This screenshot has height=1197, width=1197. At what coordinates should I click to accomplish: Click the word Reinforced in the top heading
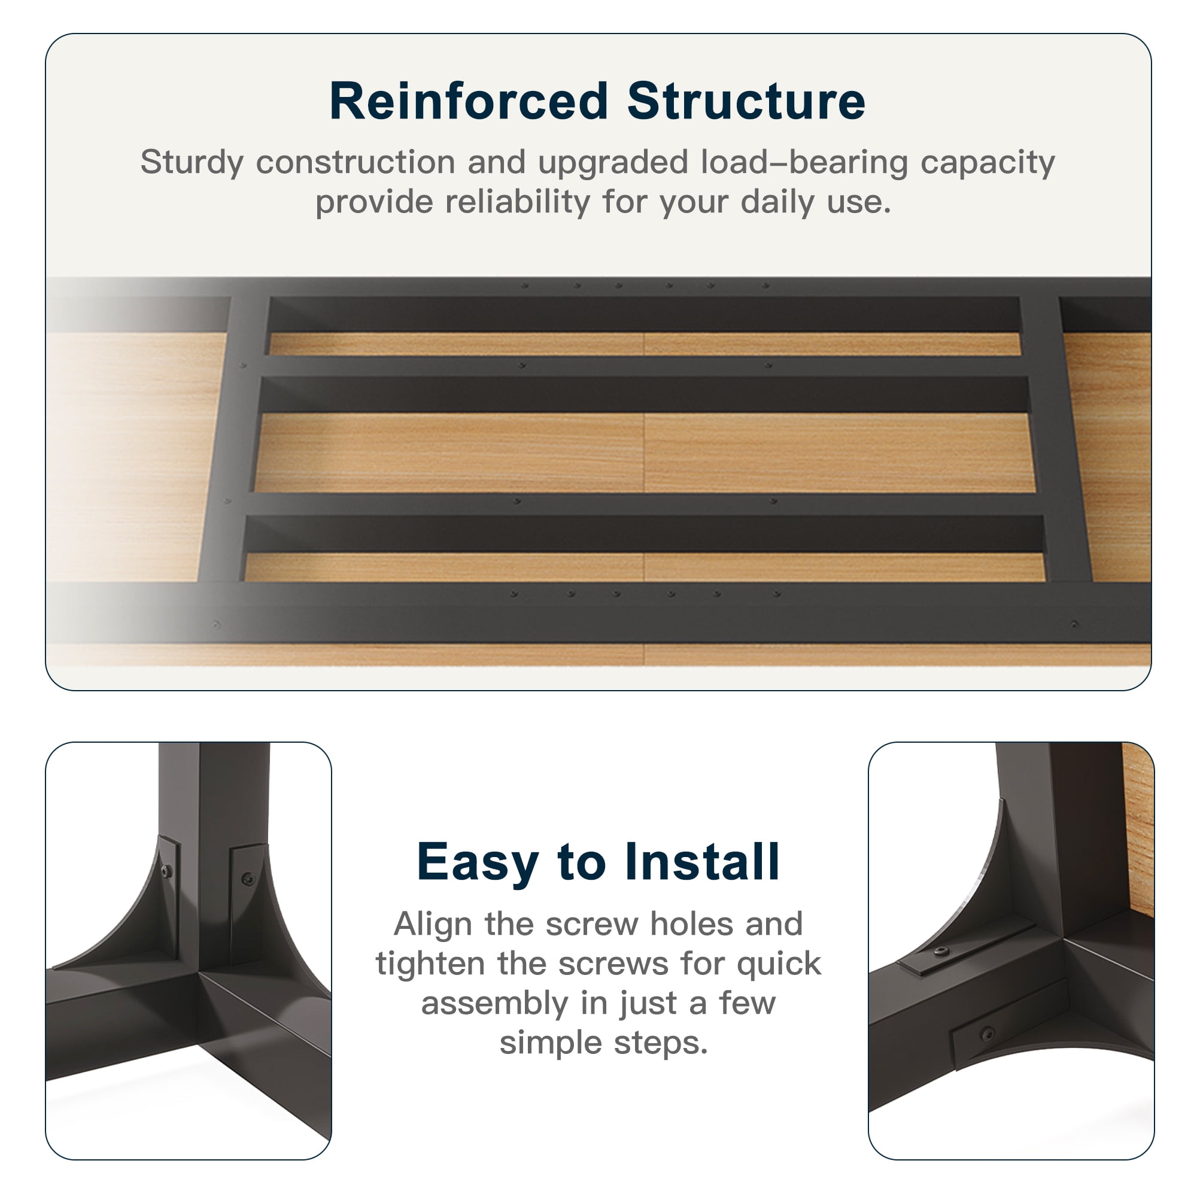tap(469, 101)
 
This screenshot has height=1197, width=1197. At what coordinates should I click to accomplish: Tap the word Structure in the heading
tap(746, 101)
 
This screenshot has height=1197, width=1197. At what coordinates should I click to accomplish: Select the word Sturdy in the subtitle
tap(192, 163)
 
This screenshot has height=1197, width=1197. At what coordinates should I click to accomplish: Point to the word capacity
tap(988, 163)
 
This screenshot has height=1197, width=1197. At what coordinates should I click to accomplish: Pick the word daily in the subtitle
tap(778, 203)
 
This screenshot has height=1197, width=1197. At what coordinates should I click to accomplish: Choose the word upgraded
tap(613, 163)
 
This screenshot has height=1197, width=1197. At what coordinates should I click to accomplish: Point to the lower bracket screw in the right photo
tap(988, 1034)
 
